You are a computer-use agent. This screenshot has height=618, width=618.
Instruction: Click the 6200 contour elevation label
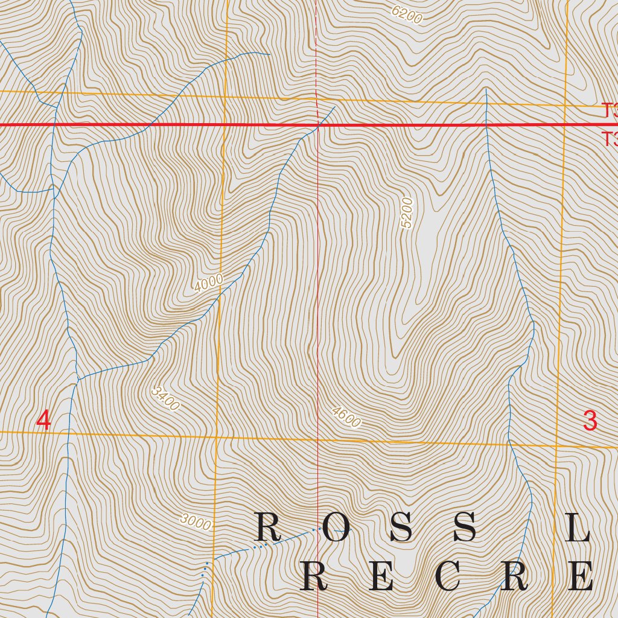[407, 14]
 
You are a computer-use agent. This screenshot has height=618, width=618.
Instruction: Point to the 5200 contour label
[407, 213]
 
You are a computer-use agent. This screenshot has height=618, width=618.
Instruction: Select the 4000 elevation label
[208, 283]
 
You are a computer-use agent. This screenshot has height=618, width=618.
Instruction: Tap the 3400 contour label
[165, 399]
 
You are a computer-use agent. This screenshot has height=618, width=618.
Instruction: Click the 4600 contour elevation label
[346, 418]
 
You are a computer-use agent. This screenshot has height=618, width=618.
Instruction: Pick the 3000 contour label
[196, 523]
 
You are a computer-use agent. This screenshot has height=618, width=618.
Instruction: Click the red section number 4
[43, 420]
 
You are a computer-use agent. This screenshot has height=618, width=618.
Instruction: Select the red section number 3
[590, 420]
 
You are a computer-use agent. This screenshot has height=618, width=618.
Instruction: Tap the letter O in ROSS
[336, 528]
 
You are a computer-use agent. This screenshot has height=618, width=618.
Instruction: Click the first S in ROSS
[401, 528]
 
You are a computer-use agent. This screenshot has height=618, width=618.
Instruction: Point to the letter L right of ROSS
[578, 528]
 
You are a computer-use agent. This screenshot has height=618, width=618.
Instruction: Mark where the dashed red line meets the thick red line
[317, 125]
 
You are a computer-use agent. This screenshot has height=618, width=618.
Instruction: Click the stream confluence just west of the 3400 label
[78, 380]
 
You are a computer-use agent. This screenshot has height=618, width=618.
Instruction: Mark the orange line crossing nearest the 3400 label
[216, 436]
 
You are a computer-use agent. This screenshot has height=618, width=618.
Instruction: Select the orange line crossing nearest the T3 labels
[565, 106]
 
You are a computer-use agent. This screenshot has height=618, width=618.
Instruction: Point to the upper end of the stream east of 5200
[486, 89]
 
